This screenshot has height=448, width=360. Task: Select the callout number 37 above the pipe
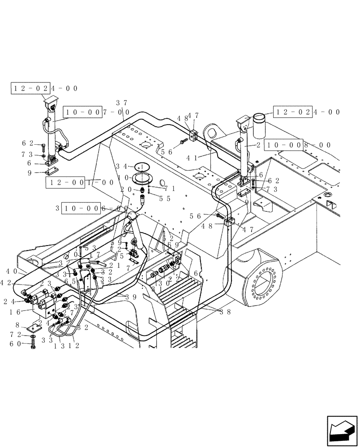120,103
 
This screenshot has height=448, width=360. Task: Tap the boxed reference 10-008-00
298,145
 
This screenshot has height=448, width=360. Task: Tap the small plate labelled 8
36,327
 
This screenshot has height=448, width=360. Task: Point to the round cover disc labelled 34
142,167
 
